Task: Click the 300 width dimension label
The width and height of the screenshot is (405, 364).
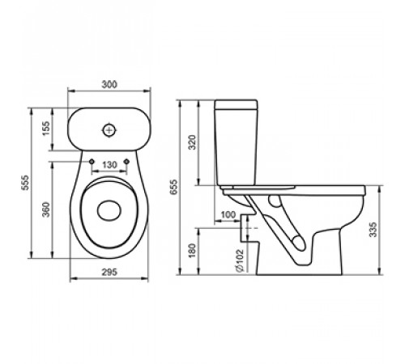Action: coord(109,84)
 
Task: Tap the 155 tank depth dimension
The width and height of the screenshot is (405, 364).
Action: coord(46,129)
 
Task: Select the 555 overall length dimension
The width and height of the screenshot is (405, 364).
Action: coord(25,183)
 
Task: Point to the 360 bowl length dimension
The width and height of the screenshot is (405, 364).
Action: coord(46,210)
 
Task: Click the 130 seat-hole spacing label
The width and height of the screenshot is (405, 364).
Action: coord(109,165)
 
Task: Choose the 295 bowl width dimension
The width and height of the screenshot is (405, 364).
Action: coord(109,272)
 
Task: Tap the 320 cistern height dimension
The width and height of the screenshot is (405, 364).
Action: coord(192,142)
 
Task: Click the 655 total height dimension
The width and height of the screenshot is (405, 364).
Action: coord(174,187)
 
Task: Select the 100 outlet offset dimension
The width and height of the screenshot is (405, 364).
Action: coord(228,215)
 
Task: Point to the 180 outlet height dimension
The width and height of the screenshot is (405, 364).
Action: coord(192,251)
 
